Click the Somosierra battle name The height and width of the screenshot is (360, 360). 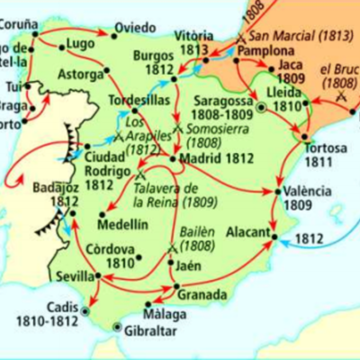pos(220,129)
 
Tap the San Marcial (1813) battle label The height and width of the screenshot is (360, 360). pos(285,36)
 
